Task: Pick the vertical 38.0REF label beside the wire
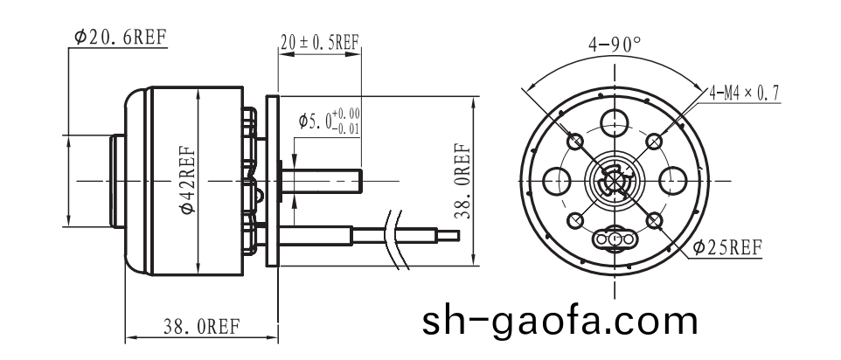click(x=462, y=179)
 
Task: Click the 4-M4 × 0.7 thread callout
click(x=744, y=92)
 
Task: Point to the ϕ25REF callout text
click(x=727, y=248)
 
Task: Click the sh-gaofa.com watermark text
click(x=560, y=321)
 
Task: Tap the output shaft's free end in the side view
click(x=358, y=182)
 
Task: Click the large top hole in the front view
click(x=615, y=122)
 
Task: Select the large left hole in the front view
click(x=556, y=181)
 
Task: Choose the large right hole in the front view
click(x=674, y=181)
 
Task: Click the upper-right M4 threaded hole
click(x=655, y=141)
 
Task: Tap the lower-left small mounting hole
click(x=575, y=222)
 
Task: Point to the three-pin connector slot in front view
click(x=615, y=239)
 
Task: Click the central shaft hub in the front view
click(x=615, y=182)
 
